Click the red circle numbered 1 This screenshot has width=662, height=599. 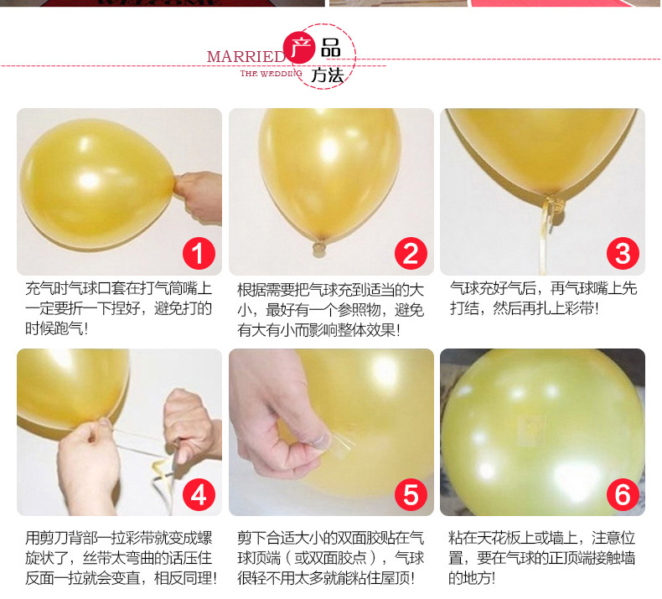(199, 253)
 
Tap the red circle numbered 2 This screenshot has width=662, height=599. (410, 253)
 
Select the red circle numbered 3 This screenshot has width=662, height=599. (622, 253)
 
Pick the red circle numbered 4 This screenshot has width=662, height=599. (199, 494)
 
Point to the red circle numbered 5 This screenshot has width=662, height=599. (410, 494)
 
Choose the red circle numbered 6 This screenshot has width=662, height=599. (622, 494)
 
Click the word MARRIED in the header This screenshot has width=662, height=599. (246, 56)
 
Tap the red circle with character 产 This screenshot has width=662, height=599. (298, 47)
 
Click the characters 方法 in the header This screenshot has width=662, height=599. (328, 75)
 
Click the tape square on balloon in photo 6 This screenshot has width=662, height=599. (525, 428)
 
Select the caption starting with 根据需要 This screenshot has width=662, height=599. (331, 309)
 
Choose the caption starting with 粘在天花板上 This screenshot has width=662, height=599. (541, 557)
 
